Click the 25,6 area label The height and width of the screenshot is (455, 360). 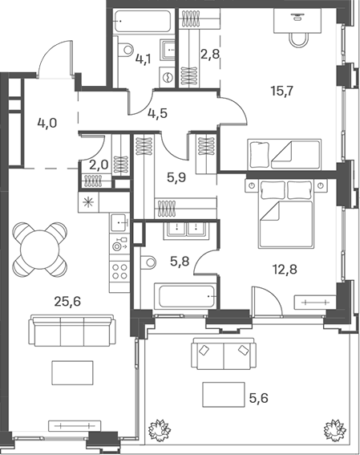67,302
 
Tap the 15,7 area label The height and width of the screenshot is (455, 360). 282,91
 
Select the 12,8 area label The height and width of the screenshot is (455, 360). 285,270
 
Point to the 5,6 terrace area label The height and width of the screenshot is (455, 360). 258,398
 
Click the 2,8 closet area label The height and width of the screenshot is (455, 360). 210,55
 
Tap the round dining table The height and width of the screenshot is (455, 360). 40,250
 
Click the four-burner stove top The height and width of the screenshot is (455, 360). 119,271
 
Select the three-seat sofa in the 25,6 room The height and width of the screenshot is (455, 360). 72,331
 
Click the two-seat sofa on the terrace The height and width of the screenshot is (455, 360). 224,353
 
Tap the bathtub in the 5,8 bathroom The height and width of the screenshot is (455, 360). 185,296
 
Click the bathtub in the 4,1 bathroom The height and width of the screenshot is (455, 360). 142,21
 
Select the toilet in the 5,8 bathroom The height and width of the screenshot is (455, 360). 148,262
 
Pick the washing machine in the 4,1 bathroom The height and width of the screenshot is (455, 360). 168,77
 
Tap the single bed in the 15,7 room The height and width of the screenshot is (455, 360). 284,154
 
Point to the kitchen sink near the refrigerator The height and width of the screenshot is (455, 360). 119,222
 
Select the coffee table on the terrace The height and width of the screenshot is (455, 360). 224,394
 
